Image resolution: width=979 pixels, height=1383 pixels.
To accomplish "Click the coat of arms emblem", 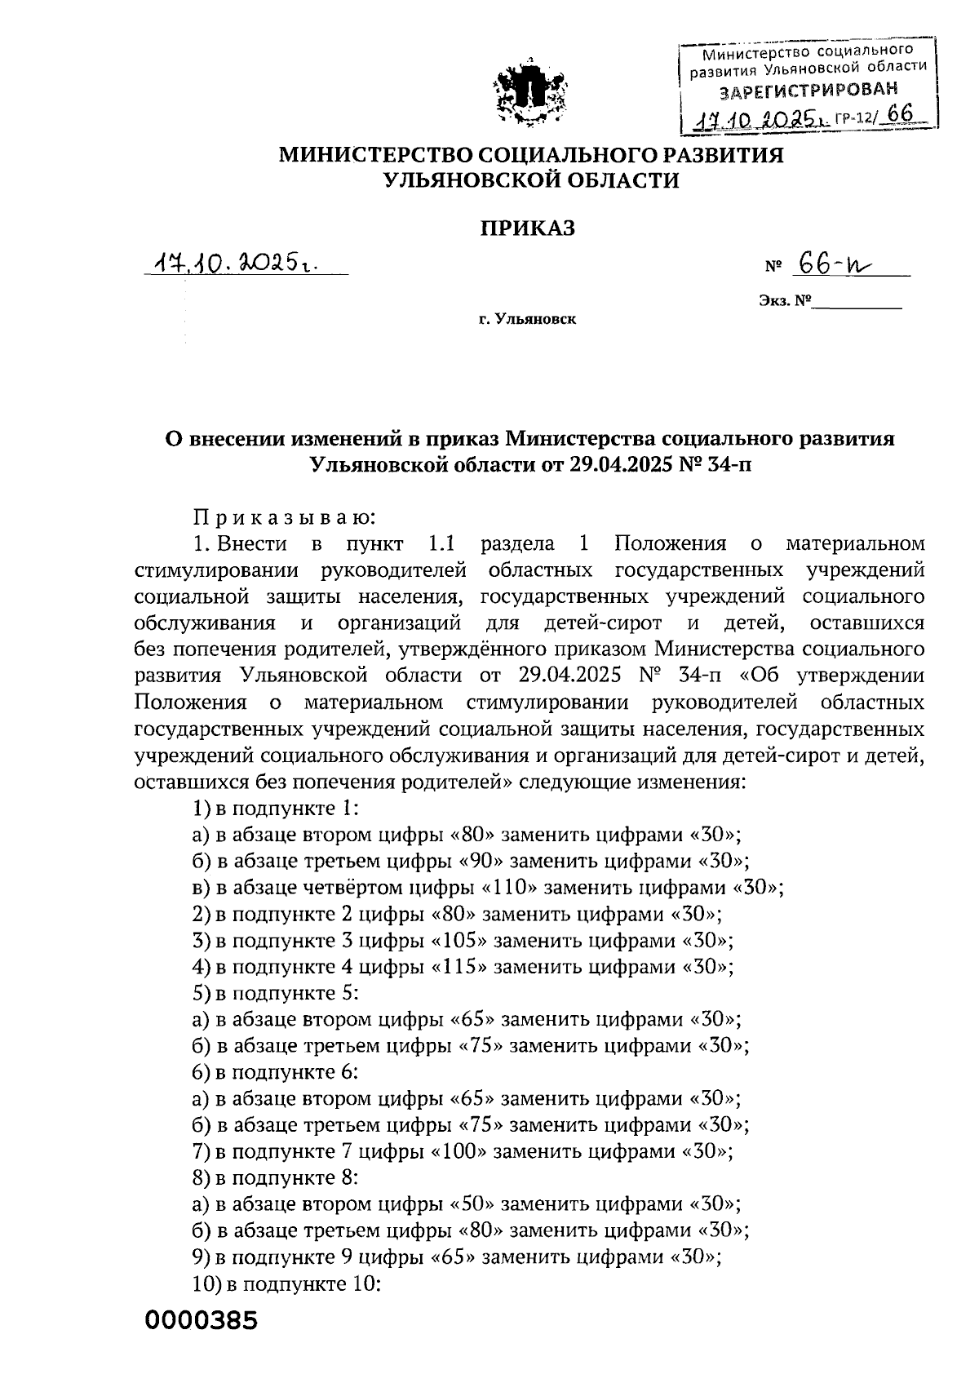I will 531,94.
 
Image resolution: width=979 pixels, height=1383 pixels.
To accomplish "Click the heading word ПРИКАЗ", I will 526,228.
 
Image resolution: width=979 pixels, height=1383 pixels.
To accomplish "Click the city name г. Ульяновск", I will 527,319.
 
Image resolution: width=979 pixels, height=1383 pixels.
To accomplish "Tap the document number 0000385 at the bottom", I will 202,1319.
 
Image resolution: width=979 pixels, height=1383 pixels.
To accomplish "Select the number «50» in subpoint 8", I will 474,1203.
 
